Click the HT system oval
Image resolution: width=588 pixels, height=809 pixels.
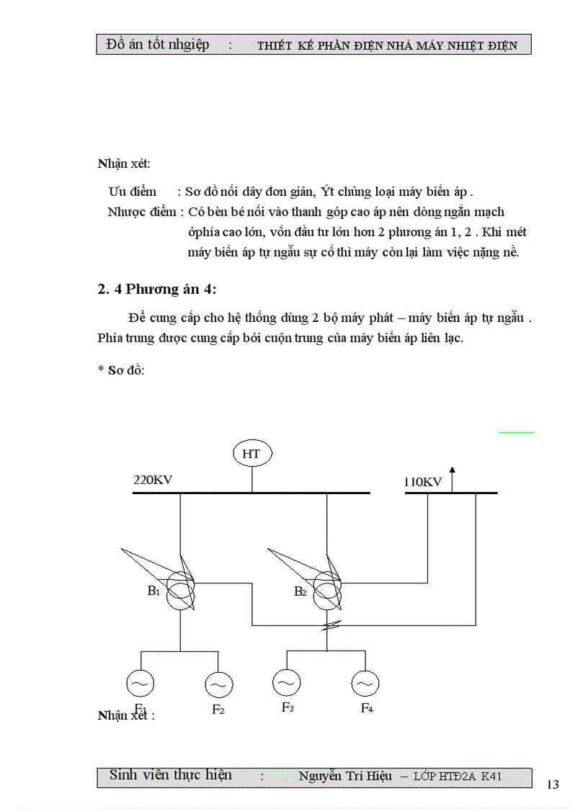pos(251,453)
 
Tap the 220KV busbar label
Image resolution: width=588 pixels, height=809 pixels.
pos(153,481)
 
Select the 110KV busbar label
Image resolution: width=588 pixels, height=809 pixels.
pos(422,482)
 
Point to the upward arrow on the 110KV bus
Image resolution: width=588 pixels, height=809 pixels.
pos(452,478)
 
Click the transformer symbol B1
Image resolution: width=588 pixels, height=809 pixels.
pos(180,591)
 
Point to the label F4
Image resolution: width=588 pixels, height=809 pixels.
pos(367,708)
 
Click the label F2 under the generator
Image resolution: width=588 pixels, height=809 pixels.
pos(218,710)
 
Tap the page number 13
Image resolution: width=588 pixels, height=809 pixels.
pos(553,785)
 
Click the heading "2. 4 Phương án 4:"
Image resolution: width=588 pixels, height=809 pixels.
pos(156,290)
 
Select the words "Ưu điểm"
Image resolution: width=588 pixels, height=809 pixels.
pos(132,192)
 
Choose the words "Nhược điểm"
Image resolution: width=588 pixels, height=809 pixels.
pos(142,212)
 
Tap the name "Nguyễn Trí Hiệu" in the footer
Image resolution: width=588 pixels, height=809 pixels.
pos(345,776)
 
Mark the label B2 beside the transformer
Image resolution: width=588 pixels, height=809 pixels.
pos(300,592)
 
